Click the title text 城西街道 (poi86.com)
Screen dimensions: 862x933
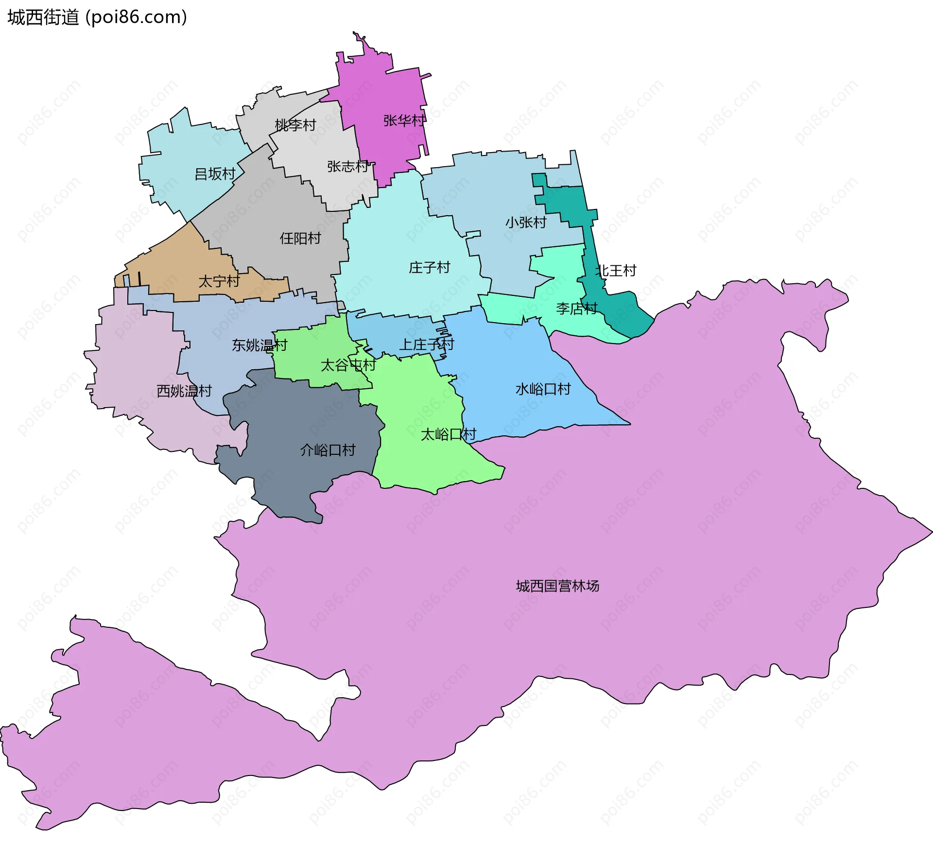pos(97,17)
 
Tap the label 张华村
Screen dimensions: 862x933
pos(404,121)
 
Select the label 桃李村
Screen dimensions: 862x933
pos(295,125)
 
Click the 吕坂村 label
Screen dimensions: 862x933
pos(215,174)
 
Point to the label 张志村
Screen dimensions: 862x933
pos(348,167)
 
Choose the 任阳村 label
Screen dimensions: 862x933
pos(300,238)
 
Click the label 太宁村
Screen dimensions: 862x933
pos(219,281)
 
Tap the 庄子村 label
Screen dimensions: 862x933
pos(430,267)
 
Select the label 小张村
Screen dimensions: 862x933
pos(526,223)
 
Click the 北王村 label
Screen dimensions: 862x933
pos(616,271)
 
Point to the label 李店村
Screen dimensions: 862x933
pos(577,309)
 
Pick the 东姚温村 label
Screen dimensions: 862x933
pos(259,345)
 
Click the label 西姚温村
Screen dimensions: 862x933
pos(184,391)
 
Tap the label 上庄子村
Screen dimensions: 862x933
pos(426,345)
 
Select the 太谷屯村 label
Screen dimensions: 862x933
pos(348,365)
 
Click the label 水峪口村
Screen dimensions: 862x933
pos(543,389)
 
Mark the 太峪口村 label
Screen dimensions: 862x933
pos(448,434)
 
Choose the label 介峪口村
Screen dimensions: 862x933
pos(328,450)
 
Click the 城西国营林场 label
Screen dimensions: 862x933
pos(557,586)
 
